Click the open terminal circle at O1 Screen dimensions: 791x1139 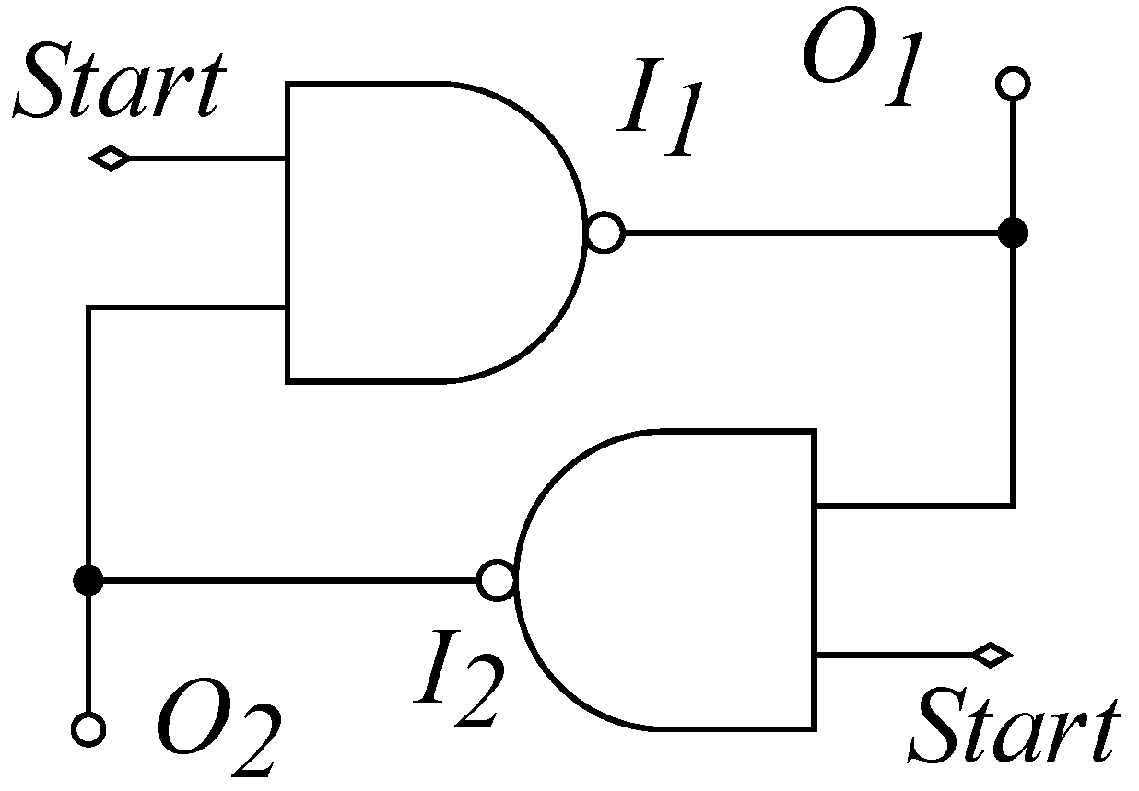pos(1013,84)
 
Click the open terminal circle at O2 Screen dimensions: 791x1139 pos(88,729)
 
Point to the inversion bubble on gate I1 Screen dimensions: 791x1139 pos(605,233)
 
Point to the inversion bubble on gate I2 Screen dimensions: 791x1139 pos(497,580)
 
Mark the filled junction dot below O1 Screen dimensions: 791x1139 pos(1013,233)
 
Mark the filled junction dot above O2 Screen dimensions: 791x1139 pos(88,580)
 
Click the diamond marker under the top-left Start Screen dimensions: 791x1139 pos(110,159)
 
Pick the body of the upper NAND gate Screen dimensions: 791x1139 pos(415,232)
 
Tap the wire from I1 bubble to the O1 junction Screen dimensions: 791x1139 pos(811,233)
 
